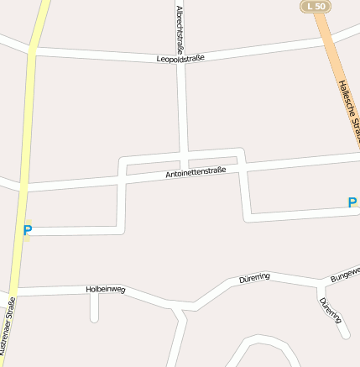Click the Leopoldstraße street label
(180, 59)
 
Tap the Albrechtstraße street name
(179, 24)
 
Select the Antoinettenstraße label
(196, 174)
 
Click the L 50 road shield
(316, 7)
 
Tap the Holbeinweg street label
(106, 289)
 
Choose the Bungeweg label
(345, 273)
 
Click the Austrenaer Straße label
(8, 332)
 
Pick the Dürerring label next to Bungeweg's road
(254, 277)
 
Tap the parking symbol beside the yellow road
(27, 229)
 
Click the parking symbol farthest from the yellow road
(352, 202)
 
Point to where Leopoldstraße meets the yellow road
(32, 52)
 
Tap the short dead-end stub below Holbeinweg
(95, 309)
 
